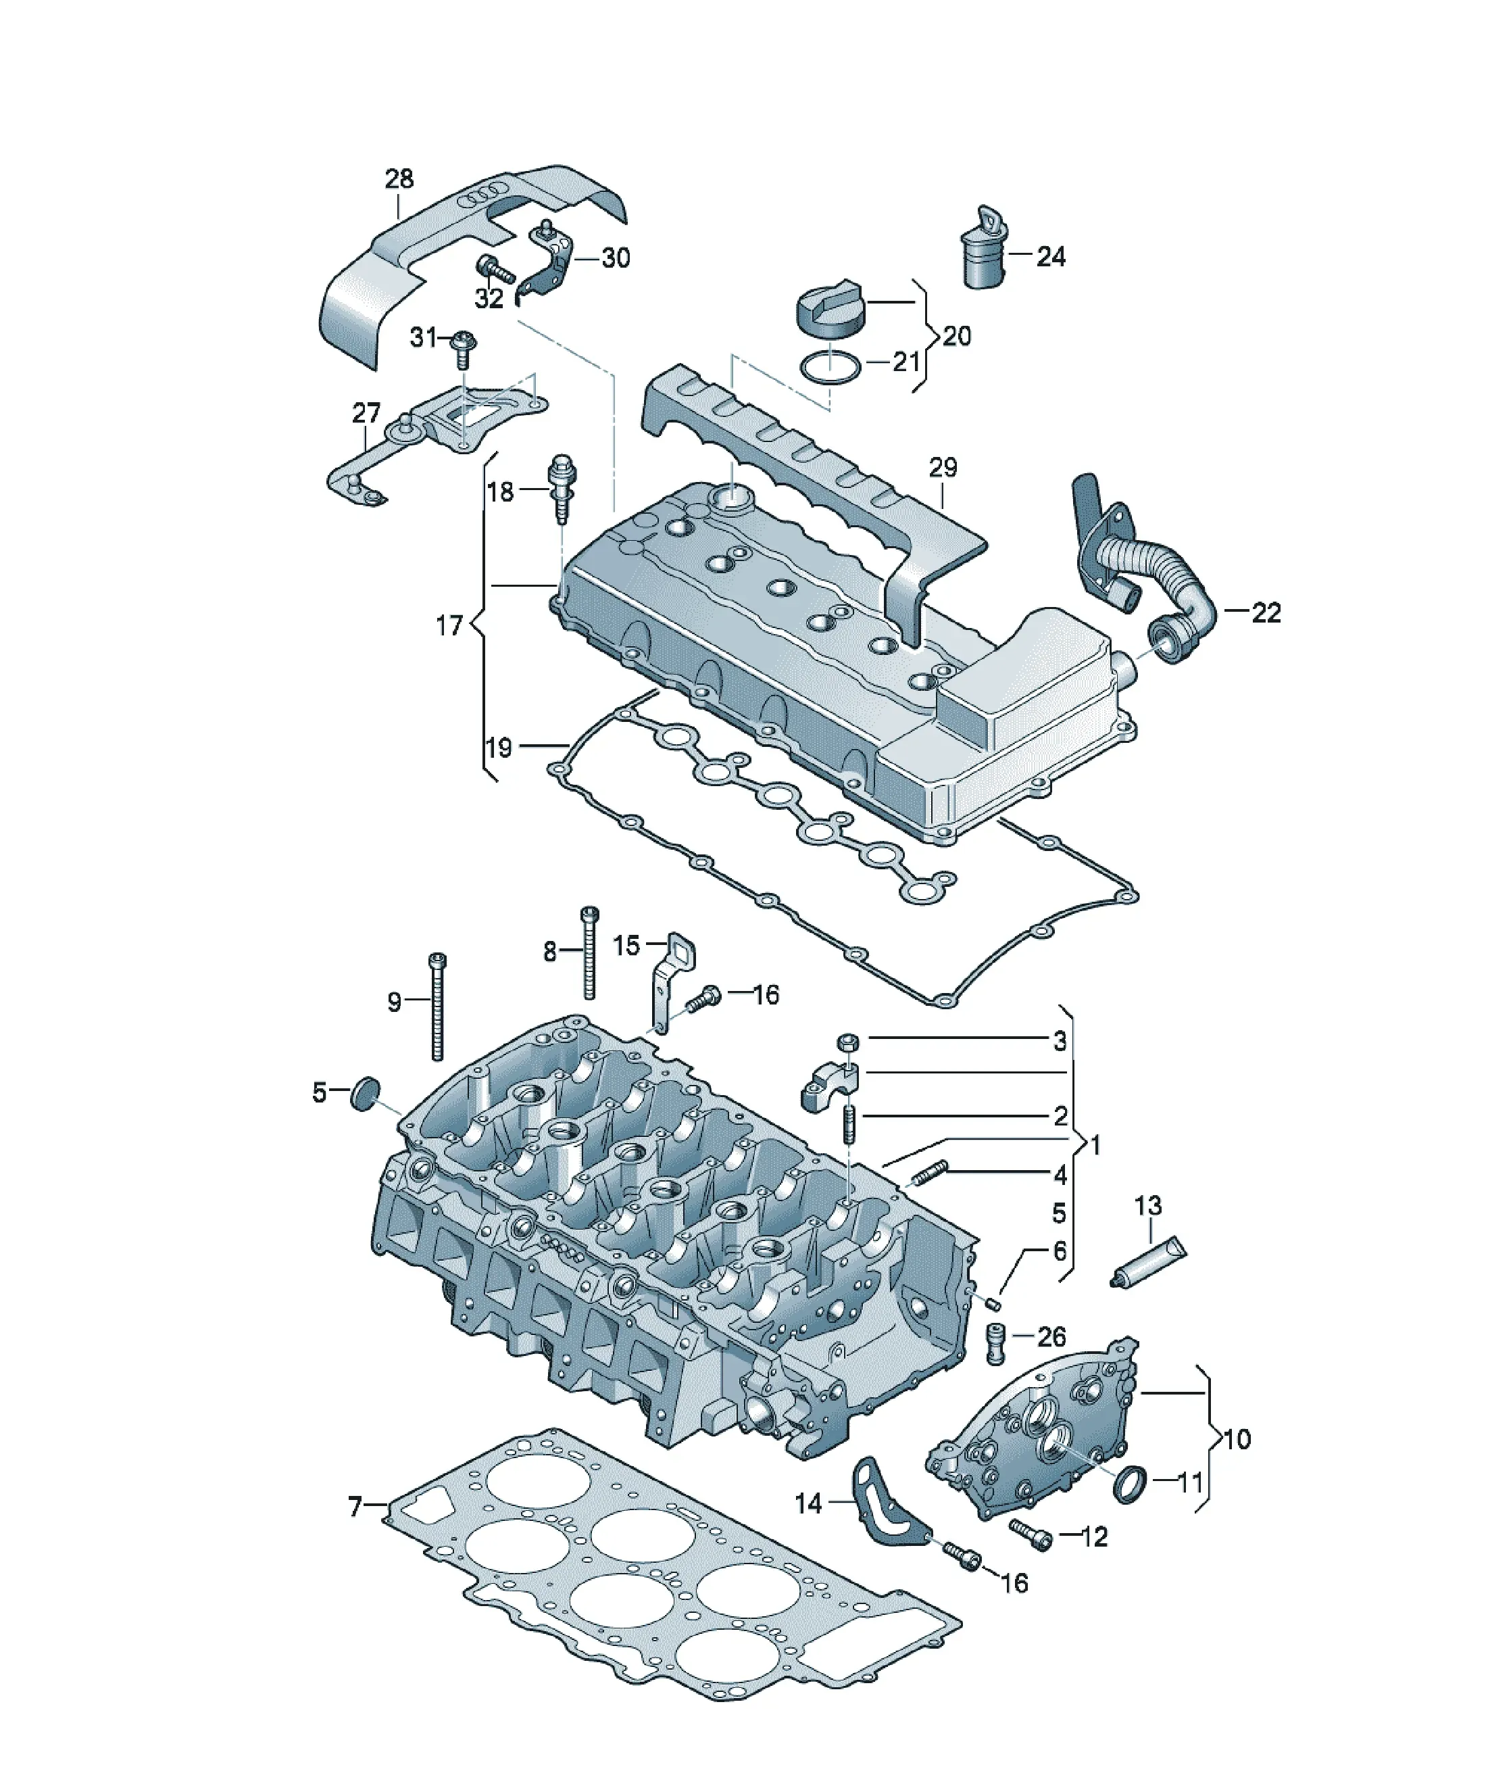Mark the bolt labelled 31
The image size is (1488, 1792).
464,349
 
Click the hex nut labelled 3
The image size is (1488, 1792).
849,1041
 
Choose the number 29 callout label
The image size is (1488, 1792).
943,468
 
